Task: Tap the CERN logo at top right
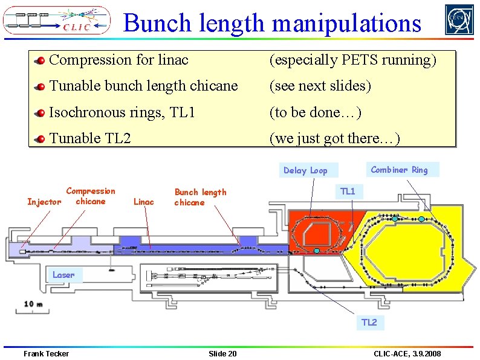459,20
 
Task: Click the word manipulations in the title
346,24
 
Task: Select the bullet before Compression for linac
40,60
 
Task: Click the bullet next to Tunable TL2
40,139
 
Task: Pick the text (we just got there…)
334,138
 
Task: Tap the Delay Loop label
305,170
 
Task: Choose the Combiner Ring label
399,170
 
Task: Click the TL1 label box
348,192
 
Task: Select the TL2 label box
369,323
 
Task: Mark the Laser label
63,275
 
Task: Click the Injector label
44,202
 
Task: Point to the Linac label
143,202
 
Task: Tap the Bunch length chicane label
200,197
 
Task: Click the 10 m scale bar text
33,303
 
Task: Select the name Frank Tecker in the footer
46,353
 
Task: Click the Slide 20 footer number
222,353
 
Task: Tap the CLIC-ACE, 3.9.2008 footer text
407,353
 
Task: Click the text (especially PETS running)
352,60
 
